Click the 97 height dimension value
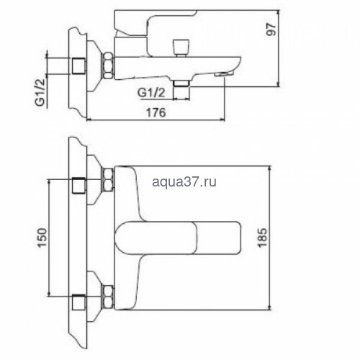pyautogui.click(x=271, y=30)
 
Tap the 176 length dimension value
pyautogui.click(x=156, y=112)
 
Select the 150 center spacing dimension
pyautogui.click(x=42, y=238)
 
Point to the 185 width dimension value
pyautogui.click(x=262, y=238)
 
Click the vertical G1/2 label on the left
pyautogui.click(x=40, y=92)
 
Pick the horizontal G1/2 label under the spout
pyautogui.click(x=151, y=93)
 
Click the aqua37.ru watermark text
pyautogui.click(x=184, y=181)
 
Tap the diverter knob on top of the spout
pyautogui.click(x=181, y=48)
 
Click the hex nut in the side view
pyautogui.click(x=108, y=66)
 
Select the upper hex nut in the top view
pyautogui.click(x=108, y=179)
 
